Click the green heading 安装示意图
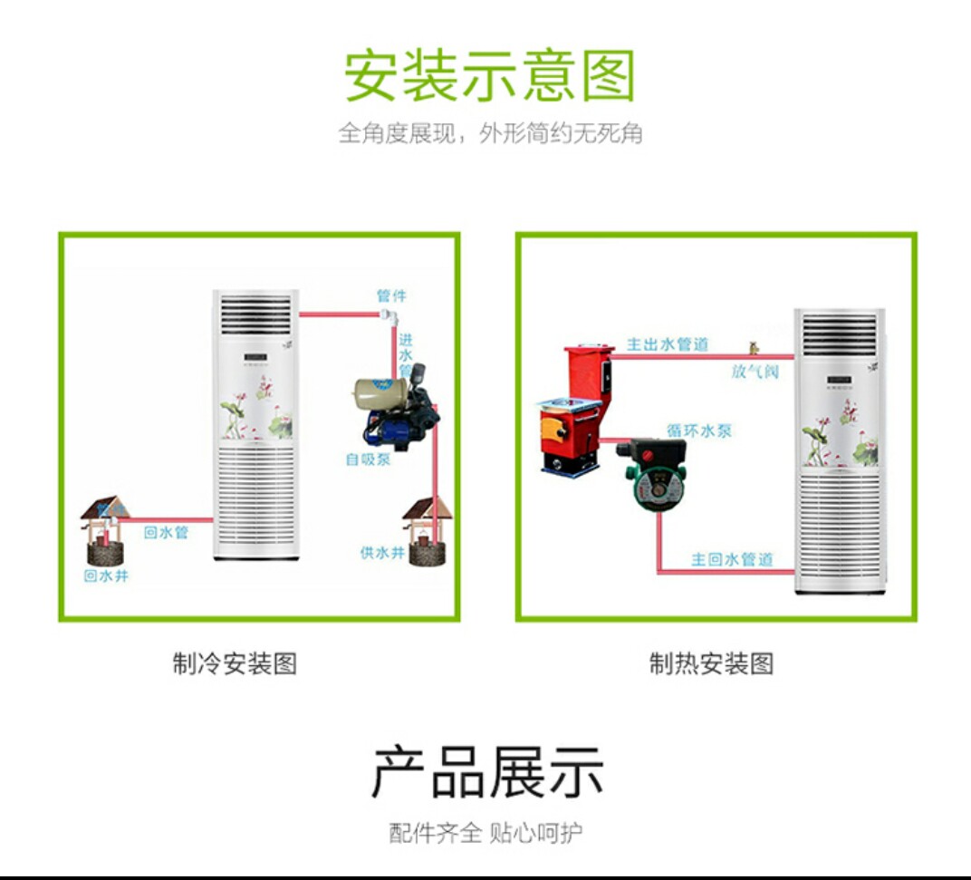click(490, 76)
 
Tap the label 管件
click(391, 296)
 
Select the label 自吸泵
click(368, 459)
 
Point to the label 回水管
click(166, 533)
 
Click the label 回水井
click(106, 576)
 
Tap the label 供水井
click(381, 552)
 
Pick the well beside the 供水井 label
click(428, 533)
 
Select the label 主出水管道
click(668, 344)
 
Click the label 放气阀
click(755, 372)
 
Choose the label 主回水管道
click(732, 559)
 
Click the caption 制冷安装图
click(235, 663)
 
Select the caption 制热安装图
click(711, 663)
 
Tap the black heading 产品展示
click(487, 772)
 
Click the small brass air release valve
click(753, 347)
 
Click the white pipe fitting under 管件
click(389, 317)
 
